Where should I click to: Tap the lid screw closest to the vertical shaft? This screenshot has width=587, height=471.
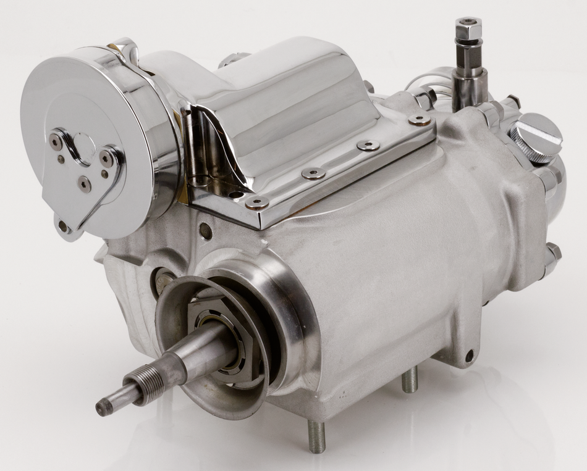pyautogui.click(x=420, y=120)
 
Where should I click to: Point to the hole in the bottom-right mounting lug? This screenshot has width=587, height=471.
pyautogui.click(x=469, y=355)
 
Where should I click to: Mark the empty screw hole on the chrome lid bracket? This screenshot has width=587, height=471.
pyautogui.click(x=235, y=194)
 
